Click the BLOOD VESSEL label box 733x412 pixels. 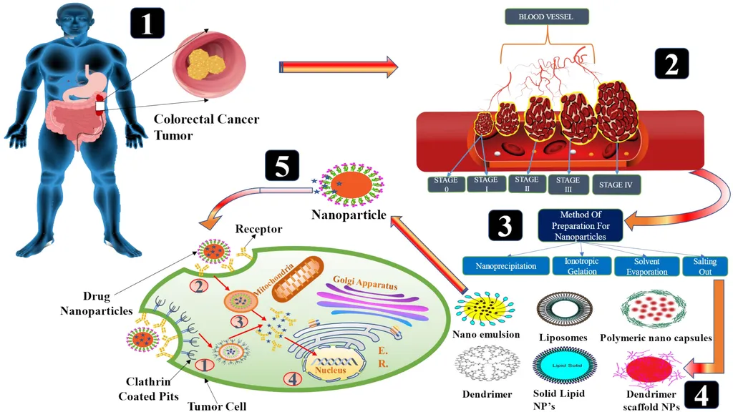545,16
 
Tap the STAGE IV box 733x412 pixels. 616,185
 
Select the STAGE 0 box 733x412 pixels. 445,185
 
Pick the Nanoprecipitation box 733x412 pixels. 505,266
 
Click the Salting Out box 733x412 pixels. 704,266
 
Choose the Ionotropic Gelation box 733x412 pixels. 582,266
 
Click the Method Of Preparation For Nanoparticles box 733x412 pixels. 580,225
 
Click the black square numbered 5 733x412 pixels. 281,166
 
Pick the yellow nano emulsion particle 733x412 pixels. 485,308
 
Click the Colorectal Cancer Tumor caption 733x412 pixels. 206,127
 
